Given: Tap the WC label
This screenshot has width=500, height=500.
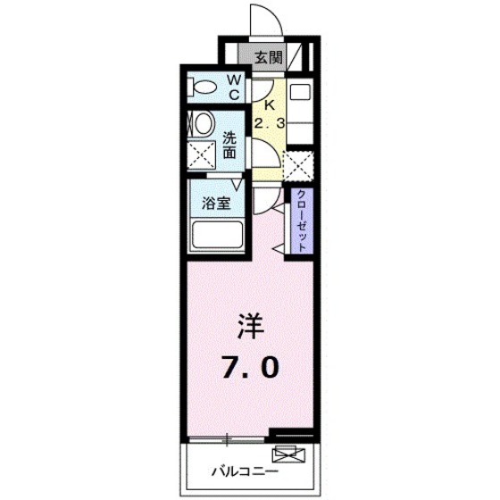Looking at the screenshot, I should tap(234, 86).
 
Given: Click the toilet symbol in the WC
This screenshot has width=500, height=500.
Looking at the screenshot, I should tap(204, 88).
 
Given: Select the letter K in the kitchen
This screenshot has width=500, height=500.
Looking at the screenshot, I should tap(268, 104).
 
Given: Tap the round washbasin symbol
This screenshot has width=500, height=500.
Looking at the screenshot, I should tap(203, 123).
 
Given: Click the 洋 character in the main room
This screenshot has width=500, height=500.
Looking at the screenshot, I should tap(250, 327).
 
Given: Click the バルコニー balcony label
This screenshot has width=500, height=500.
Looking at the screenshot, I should tap(245, 471).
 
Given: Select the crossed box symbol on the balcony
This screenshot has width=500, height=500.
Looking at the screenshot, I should tap(291, 453).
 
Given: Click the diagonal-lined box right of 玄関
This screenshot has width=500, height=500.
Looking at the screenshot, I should tap(300, 58).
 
